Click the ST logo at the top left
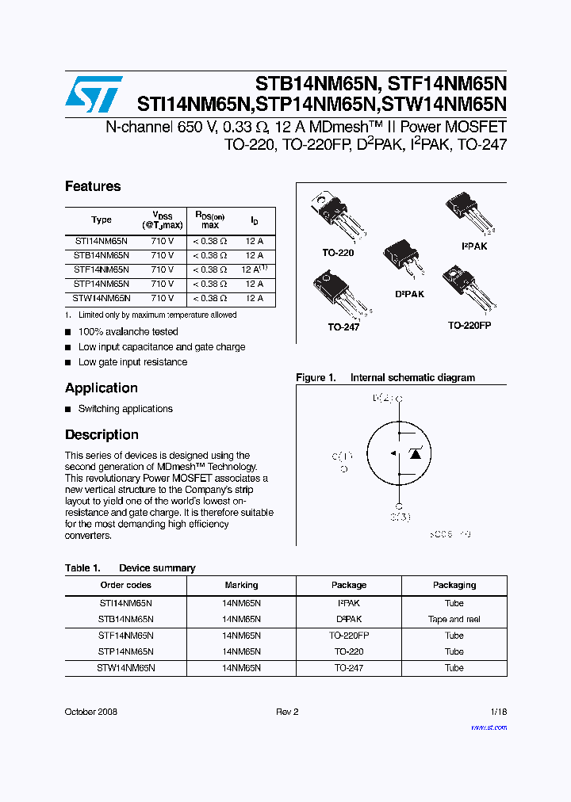pos(94,94)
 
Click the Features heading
pos(93,186)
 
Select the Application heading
pos(102,388)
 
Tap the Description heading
pos(102,434)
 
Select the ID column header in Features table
pos(254,220)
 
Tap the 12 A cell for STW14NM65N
pos(254,299)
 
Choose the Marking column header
pos(241,585)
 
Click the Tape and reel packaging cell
pos(454,620)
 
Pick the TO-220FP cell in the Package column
pos(349,636)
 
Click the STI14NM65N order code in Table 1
pos(125,603)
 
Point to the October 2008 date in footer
pos(90,712)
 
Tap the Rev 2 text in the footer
pos(287,712)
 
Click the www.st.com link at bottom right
pos(489,727)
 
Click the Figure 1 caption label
pos(316,378)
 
